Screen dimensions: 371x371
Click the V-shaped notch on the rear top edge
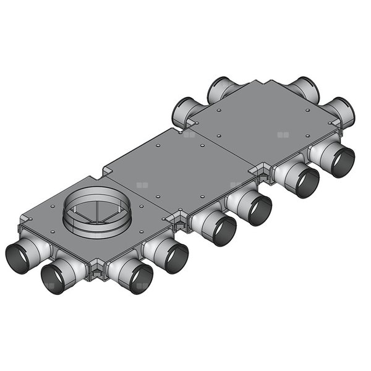point(266,82)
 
